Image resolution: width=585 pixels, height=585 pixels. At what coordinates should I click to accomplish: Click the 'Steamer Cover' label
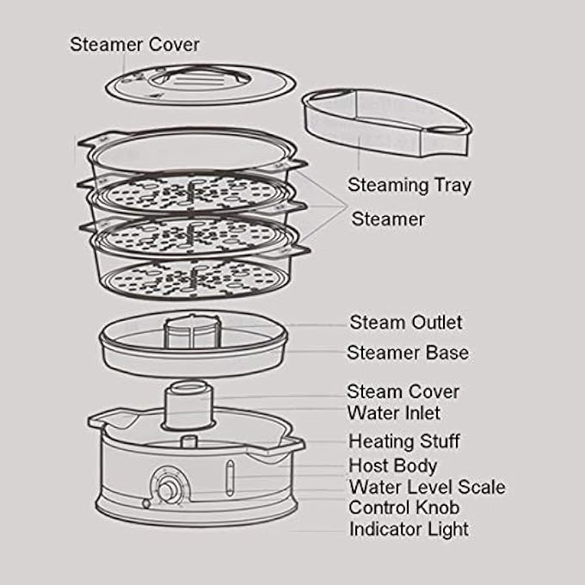click(x=135, y=45)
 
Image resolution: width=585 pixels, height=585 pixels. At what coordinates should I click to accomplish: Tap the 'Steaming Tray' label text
click(x=409, y=186)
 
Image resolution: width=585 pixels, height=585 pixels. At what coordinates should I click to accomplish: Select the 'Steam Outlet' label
click(x=406, y=323)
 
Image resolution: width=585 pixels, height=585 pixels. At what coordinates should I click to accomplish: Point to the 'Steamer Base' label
click(x=408, y=353)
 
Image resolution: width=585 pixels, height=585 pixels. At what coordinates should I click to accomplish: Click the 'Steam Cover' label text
click(x=403, y=391)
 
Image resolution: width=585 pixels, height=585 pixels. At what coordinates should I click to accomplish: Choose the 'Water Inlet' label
click(x=394, y=413)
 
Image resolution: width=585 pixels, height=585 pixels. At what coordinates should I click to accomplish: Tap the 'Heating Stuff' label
click(x=404, y=441)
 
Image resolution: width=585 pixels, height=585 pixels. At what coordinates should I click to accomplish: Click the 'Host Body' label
click(x=392, y=466)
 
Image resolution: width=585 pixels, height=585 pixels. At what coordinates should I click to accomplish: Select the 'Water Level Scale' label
click(x=428, y=487)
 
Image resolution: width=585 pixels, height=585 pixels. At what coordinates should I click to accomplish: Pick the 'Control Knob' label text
click(x=403, y=508)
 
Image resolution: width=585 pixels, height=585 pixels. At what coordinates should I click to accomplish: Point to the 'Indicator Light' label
click(x=409, y=529)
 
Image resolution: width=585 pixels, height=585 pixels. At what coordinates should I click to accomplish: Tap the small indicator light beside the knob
click(x=146, y=503)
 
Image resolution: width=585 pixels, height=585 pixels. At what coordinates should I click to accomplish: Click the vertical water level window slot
click(x=231, y=477)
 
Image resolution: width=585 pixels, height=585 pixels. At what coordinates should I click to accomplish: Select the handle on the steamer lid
click(x=200, y=79)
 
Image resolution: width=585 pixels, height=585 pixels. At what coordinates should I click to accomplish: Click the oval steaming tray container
click(x=387, y=122)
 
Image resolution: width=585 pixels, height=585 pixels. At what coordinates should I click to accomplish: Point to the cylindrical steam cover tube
click(x=188, y=405)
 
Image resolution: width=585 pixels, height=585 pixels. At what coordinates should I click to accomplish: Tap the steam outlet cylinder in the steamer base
click(x=191, y=332)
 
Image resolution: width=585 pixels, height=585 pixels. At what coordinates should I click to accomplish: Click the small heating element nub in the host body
click(x=188, y=441)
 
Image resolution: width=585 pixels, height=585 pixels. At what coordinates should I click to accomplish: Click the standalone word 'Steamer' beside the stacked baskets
click(x=388, y=219)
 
